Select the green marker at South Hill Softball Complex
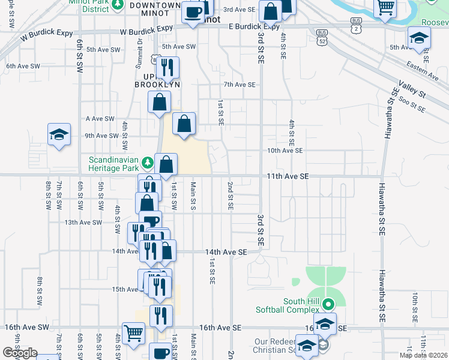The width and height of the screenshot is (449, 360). coord(328,304)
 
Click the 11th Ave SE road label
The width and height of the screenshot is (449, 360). coord(288,176)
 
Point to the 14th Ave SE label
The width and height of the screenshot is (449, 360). coord(226,253)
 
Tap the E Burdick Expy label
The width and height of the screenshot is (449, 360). coord(255,26)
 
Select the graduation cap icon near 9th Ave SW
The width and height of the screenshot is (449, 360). coord(59,135)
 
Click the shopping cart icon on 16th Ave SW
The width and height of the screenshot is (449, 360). coord(133,333)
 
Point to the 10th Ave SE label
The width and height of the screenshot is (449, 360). coord(285,151)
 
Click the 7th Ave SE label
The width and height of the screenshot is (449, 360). coord(240,85)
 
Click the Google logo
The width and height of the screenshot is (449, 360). coord(20,353)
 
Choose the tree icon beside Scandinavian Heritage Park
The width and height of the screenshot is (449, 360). coord(145,162)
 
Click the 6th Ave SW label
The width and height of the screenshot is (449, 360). coord(23,65)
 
